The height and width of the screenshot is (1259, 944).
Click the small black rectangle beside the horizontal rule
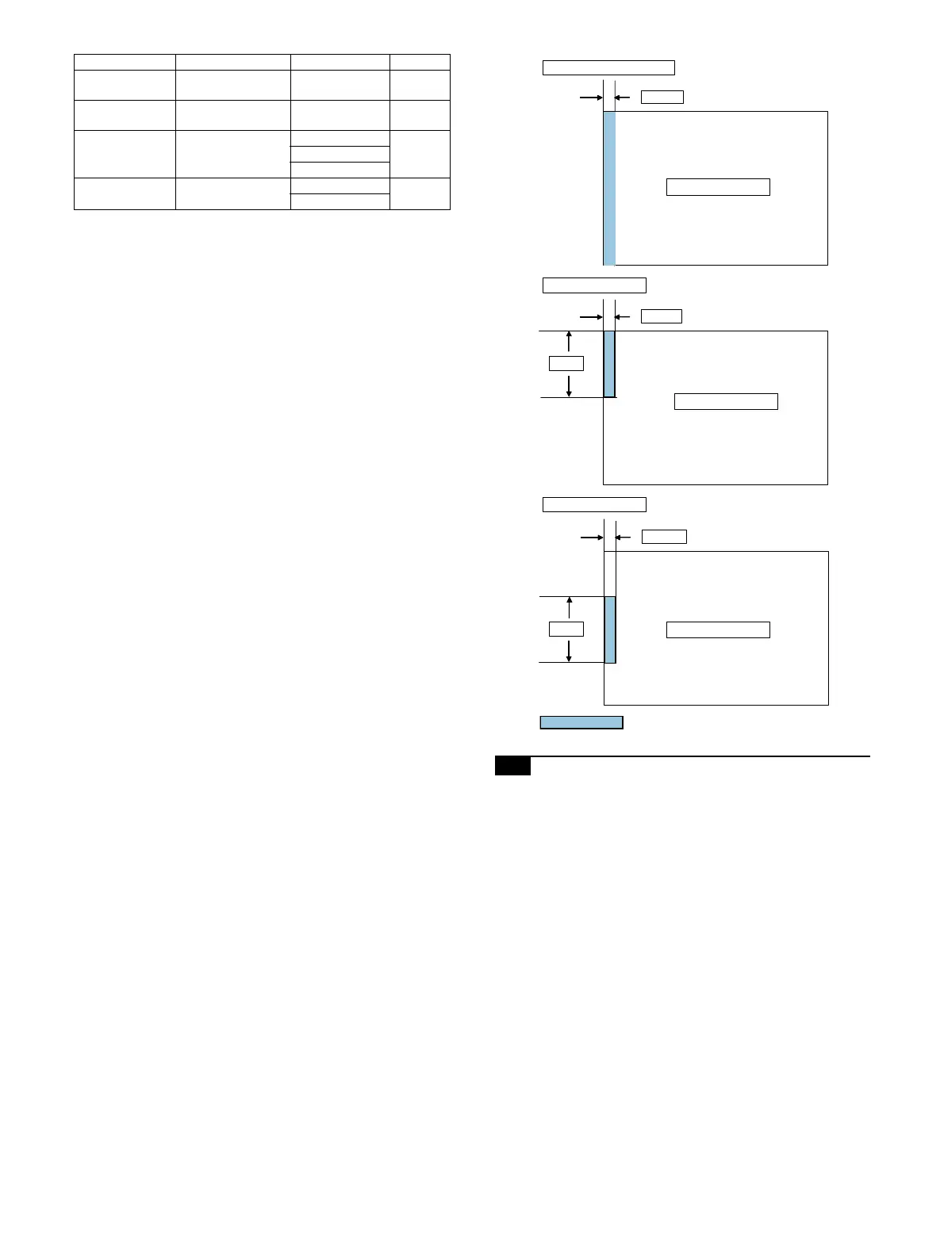coord(512,766)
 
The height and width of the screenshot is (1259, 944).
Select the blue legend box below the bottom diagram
coord(581,722)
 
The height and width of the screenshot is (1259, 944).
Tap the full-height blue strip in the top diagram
coord(609,189)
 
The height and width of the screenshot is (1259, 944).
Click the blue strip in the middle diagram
coord(609,364)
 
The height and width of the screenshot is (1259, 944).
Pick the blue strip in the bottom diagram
coord(610,629)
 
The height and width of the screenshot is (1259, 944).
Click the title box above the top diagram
coord(608,67)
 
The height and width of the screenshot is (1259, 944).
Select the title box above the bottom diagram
coord(594,504)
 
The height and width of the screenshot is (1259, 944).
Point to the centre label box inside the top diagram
coord(718,187)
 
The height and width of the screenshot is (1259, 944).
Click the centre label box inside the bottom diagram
coord(718,629)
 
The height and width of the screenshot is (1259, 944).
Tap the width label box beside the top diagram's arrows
coord(662,97)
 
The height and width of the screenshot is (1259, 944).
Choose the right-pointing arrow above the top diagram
coord(592,98)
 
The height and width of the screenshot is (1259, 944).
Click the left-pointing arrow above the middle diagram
coord(623,317)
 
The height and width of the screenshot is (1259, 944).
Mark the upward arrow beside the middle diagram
coord(569,342)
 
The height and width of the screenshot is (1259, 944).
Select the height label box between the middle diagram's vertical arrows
coord(566,363)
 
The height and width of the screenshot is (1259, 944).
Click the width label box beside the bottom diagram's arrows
coord(664,537)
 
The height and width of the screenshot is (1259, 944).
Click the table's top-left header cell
coord(125,62)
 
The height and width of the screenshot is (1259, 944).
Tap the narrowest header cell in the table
coord(420,62)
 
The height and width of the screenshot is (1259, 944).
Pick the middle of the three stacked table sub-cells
coord(340,154)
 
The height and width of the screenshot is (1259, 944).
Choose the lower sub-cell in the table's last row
coord(340,201)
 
